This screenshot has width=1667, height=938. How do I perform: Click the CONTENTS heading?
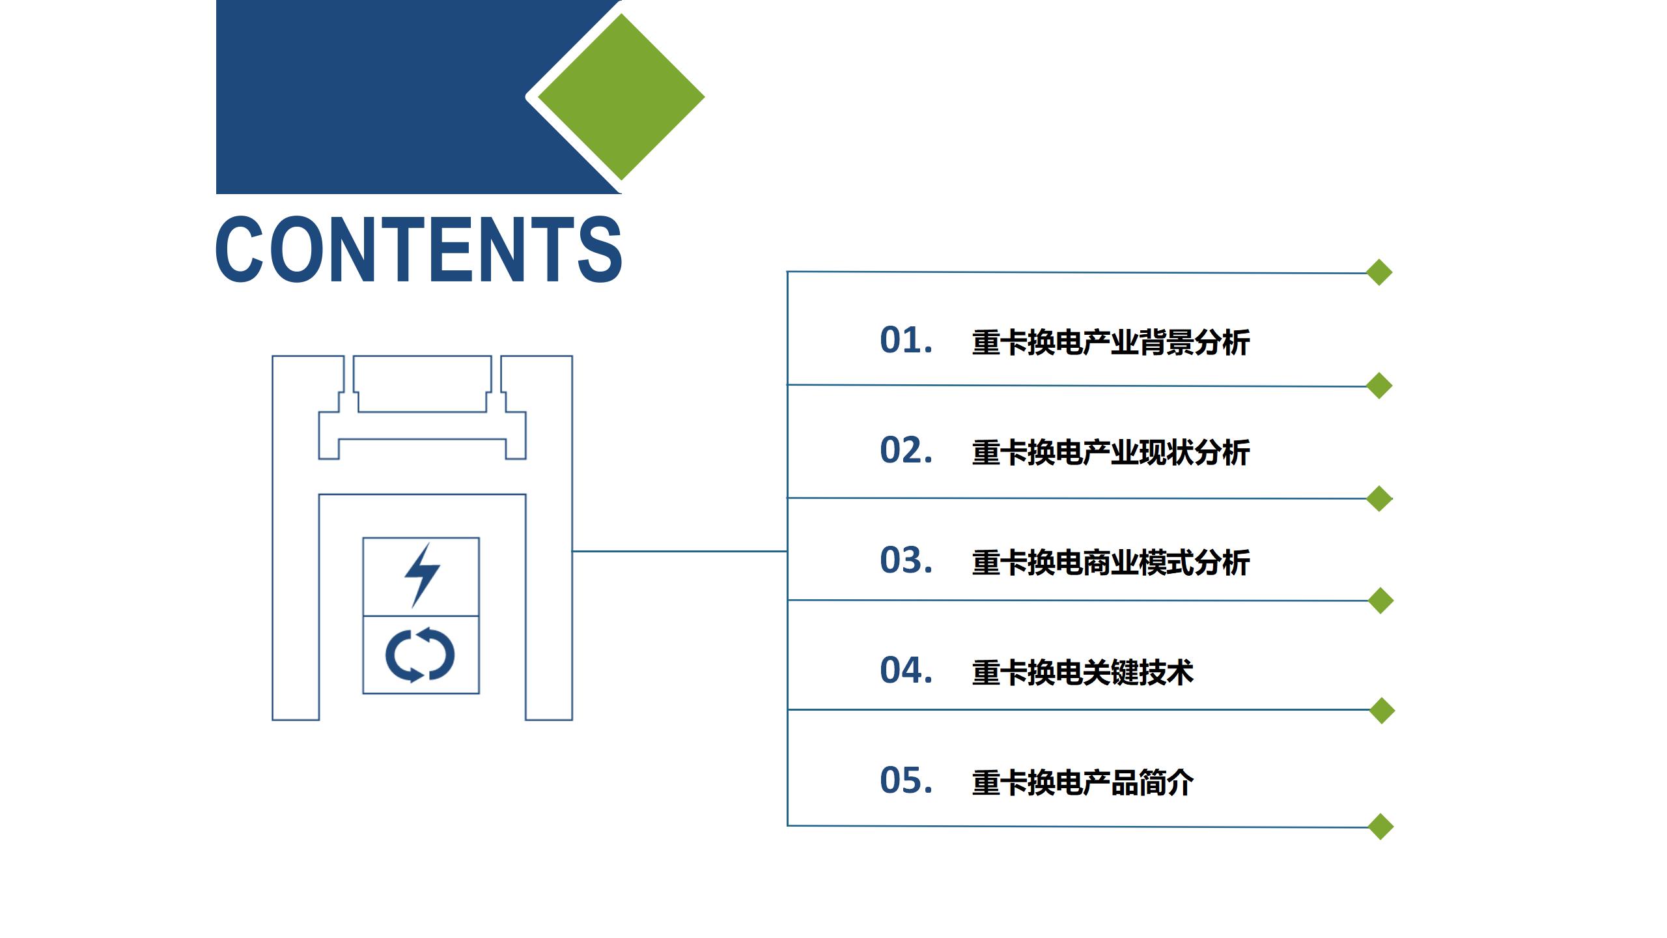coord(419,249)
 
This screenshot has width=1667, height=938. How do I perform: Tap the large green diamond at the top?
coord(621,97)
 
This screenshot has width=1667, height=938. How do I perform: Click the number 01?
coord(906,340)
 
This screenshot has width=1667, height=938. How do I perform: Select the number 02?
coord(906,450)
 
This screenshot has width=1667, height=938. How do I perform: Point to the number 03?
coord(906,560)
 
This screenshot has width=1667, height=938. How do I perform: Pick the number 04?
coord(906,670)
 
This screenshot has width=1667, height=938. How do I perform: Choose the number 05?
coord(906,780)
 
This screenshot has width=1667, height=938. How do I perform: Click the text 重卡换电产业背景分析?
coord(1110,343)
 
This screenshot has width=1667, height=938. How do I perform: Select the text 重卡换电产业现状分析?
coord(1110,453)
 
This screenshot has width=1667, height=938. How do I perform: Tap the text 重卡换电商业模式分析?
coord(1110,563)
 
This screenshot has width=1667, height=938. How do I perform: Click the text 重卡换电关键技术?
coord(1082,673)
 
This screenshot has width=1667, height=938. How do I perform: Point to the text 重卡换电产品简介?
coord(1082,783)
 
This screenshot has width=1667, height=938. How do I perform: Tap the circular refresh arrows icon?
coord(420,655)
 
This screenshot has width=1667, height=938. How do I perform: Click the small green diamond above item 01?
coord(1379,272)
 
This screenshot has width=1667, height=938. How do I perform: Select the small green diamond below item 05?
coord(1380,827)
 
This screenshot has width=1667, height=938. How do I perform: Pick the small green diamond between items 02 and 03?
coord(1379,498)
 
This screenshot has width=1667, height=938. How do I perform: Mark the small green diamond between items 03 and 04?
coord(1380,601)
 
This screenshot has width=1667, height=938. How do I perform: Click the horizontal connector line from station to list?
coord(680,551)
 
